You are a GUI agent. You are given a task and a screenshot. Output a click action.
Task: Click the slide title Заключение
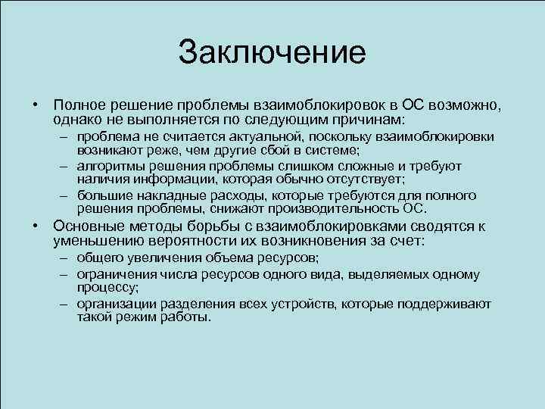pos(272,52)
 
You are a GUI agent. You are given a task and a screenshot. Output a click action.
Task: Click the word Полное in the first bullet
pos(80,105)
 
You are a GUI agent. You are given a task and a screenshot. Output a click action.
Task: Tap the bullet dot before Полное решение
pos(36,105)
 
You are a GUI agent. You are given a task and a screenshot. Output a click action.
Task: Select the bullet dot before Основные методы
pos(36,226)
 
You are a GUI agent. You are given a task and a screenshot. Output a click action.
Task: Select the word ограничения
pos(114,274)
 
